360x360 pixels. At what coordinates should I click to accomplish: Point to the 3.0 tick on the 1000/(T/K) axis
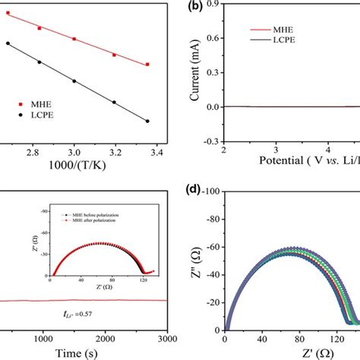click(x=74, y=153)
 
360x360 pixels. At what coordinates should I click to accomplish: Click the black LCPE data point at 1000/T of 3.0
click(x=74, y=81)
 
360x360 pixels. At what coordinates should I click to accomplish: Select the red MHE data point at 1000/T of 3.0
click(x=74, y=39)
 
